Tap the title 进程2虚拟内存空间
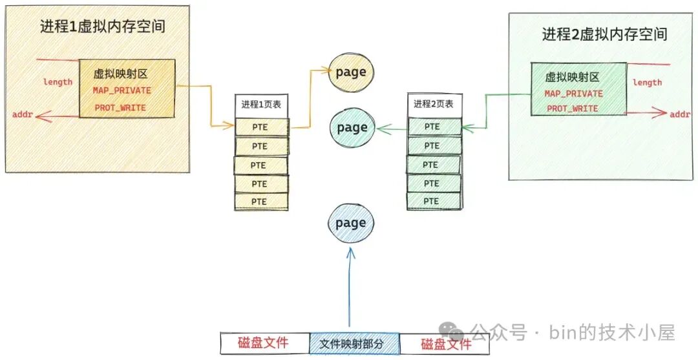pyautogui.click(x=604, y=34)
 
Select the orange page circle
pyautogui.click(x=352, y=72)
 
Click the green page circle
pyautogui.click(x=352, y=127)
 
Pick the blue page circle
pyautogui.click(x=351, y=224)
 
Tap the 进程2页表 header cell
pyautogui.click(x=433, y=104)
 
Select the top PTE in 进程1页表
pyautogui.click(x=260, y=127)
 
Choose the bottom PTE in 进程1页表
pyautogui.click(x=260, y=202)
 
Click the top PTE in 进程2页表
pyautogui.click(x=432, y=127)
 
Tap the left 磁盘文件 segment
pyautogui.click(x=264, y=343)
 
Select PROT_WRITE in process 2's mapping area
pyautogui.click(x=572, y=109)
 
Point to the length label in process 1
pyautogui.click(x=58, y=82)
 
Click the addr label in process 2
pyautogui.click(x=680, y=114)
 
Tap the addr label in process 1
pyautogui.click(x=21, y=114)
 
